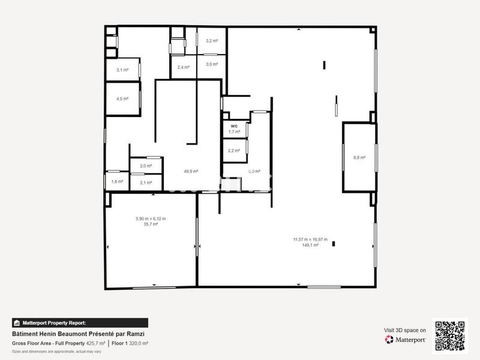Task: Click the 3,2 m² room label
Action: click(x=212, y=41)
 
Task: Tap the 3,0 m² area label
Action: click(x=212, y=64)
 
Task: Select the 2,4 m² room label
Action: click(x=184, y=67)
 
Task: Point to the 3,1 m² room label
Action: click(x=122, y=70)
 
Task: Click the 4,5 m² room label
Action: click(x=122, y=99)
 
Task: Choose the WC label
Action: click(x=234, y=126)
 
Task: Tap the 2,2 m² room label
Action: click(x=234, y=151)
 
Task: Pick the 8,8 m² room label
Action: click(x=359, y=158)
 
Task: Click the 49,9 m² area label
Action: click(x=191, y=171)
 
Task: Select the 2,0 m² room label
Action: click(x=146, y=166)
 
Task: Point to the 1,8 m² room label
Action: click(x=117, y=182)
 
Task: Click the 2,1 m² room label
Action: click(x=146, y=182)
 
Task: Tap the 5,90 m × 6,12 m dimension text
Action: click(x=151, y=219)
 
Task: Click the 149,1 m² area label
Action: click(x=310, y=245)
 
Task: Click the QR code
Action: click(x=450, y=335)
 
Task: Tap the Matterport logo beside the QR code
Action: click(x=406, y=340)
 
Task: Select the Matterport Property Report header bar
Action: click(x=80, y=323)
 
